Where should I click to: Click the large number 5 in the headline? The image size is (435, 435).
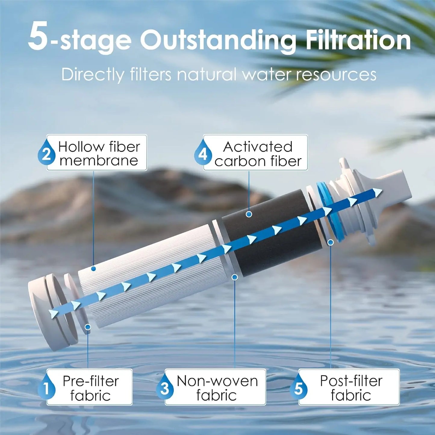[x=38, y=37]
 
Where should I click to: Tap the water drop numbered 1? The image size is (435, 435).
[x=46, y=388]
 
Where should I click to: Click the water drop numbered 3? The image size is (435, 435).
[x=164, y=388]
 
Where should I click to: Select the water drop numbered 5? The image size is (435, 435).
[x=298, y=388]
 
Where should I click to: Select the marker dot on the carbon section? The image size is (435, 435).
[x=249, y=214]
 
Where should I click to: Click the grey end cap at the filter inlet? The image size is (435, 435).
[x=45, y=313]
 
